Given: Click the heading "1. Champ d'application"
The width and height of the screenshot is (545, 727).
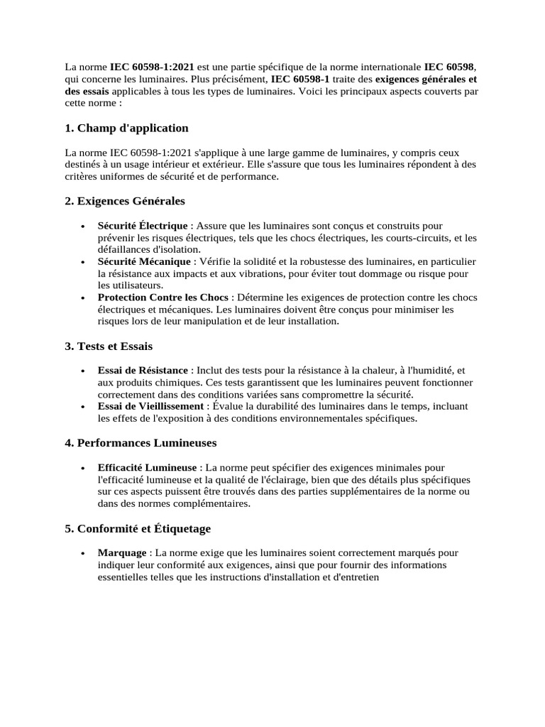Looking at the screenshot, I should pyautogui.click(x=126, y=129).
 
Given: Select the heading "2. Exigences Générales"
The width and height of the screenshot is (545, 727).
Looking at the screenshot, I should pyautogui.click(x=124, y=202).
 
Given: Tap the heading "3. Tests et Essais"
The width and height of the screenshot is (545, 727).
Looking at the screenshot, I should pyautogui.click(x=109, y=346).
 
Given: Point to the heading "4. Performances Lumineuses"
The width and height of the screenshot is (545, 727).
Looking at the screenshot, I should pyautogui.click(x=141, y=443).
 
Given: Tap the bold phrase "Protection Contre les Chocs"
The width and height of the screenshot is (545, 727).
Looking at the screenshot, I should pyautogui.click(x=164, y=297).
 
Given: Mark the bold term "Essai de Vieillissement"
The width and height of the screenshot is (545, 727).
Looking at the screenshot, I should pyautogui.click(x=150, y=406).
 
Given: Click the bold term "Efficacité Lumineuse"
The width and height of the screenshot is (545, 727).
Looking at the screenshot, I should pyautogui.click(x=148, y=467).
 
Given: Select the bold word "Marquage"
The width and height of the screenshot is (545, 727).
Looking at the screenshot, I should pyautogui.click(x=122, y=552).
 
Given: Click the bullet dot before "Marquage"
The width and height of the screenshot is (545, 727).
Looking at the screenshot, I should pyautogui.click(x=84, y=553).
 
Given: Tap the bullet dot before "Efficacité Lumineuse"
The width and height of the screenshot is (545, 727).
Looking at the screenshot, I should pyautogui.click(x=84, y=468).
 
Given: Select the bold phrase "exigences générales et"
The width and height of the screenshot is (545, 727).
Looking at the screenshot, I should pyautogui.click(x=426, y=80).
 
